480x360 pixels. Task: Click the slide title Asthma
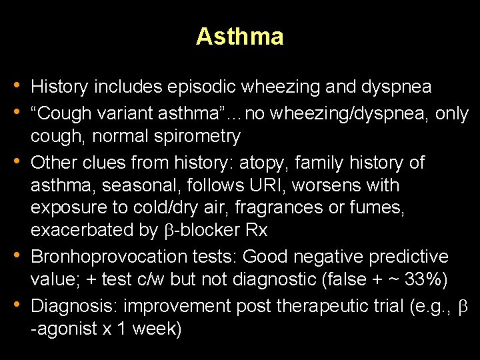240,37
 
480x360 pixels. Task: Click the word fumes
379,207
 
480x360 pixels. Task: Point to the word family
321,163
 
